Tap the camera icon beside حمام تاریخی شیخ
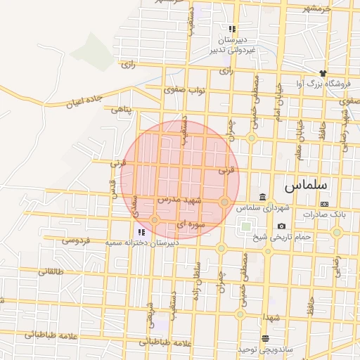pyautogui.click(x=282, y=226)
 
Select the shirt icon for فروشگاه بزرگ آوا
pyautogui.click(x=323, y=73)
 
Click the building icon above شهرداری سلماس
pyautogui.click(x=262, y=197)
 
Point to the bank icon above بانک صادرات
pyautogui.click(x=324, y=203)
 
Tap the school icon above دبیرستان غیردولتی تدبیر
pyautogui.click(x=231, y=30)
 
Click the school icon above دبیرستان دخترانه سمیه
pyautogui.click(x=141, y=231)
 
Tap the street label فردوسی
pyautogui.click(x=75, y=240)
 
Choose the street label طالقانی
pyautogui.click(x=49, y=271)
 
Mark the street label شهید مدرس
pyautogui.click(x=179, y=200)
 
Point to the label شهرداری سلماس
pyautogui.click(x=262, y=208)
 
